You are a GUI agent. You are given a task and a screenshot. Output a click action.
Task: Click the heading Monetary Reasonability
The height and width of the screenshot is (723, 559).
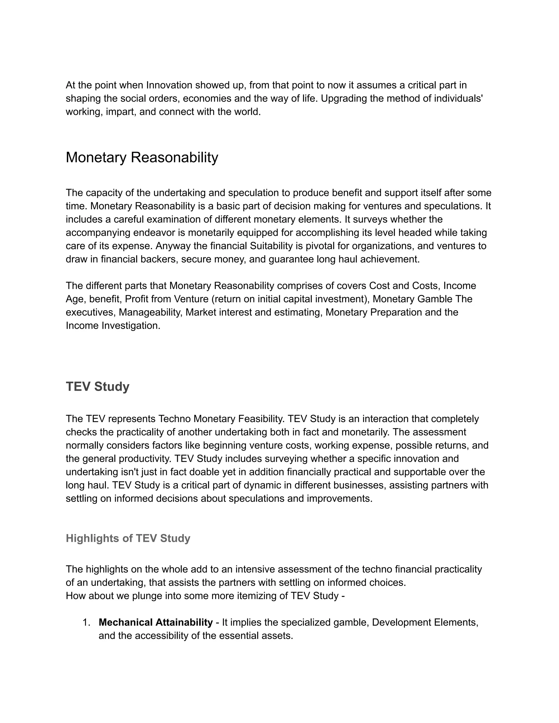click(142, 157)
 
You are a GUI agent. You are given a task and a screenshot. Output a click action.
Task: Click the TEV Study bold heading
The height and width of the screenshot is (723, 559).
click(97, 386)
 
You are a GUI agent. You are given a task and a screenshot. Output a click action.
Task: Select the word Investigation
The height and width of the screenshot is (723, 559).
click(130, 325)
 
